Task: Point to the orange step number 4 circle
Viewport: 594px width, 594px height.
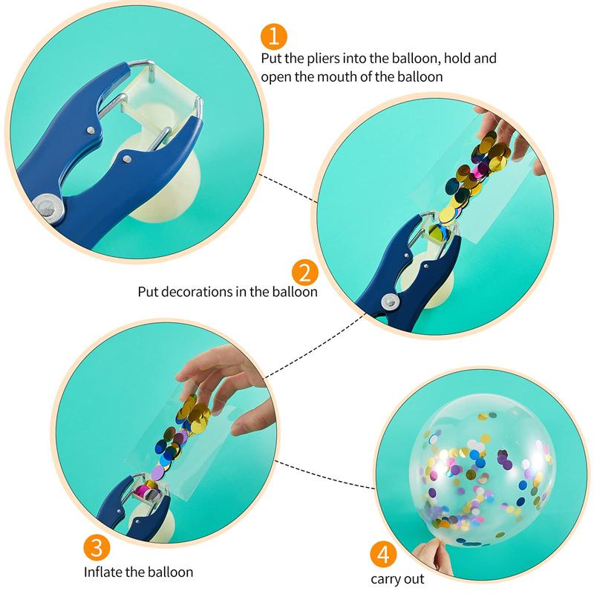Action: pos(382,555)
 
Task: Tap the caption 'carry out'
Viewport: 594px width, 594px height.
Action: pos(398,578)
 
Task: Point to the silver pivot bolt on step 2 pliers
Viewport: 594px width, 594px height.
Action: pos(386,300)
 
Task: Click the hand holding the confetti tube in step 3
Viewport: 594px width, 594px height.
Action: pos(223,386)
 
